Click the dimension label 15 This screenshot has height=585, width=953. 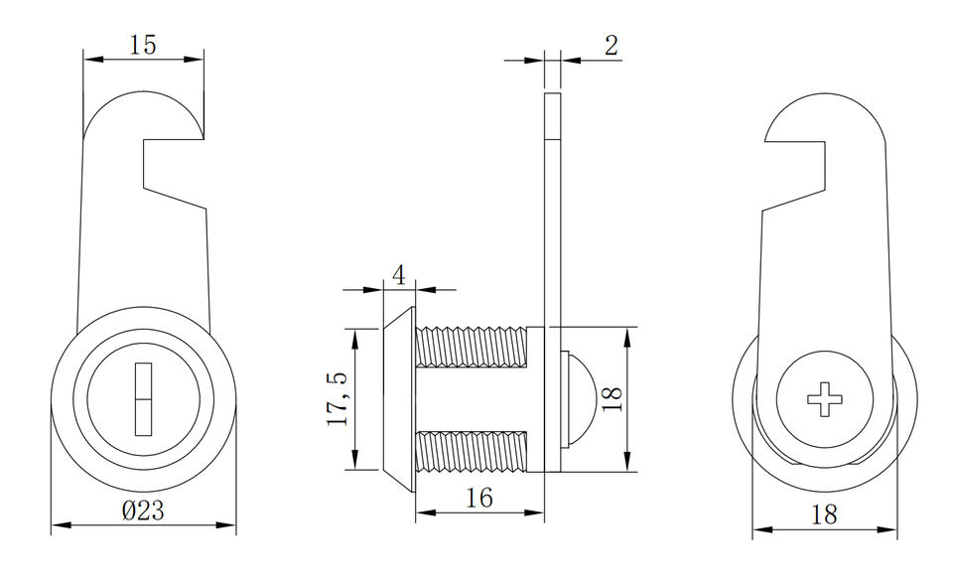pos(143,45)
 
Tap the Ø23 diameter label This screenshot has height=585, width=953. pos(143,511)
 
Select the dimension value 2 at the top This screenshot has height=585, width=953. pos(612,46)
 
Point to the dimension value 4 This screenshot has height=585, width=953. pos(399,275)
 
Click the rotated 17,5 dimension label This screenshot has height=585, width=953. pos(338,398)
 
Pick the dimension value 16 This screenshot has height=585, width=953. pos(478,498)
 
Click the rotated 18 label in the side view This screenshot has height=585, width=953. pos(612,399)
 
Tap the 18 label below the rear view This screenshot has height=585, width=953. pos(824,514)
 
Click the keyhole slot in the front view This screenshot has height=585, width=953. pos(143,399)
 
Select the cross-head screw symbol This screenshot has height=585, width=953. pos(825,399)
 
